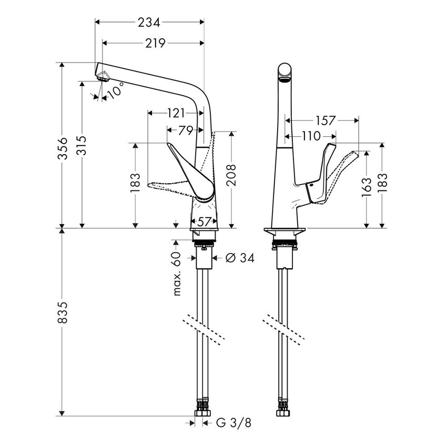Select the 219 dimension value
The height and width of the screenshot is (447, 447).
(x=155, y=43)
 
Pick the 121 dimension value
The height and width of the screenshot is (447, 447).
(x=175, y=113)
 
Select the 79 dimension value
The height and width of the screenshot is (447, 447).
(x=184, y=129)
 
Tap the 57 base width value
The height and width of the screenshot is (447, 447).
(x=204, y=222)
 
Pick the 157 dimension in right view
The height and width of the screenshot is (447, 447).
(x=326, y=120)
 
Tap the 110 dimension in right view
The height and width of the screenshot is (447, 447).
(x=311, y=136)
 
